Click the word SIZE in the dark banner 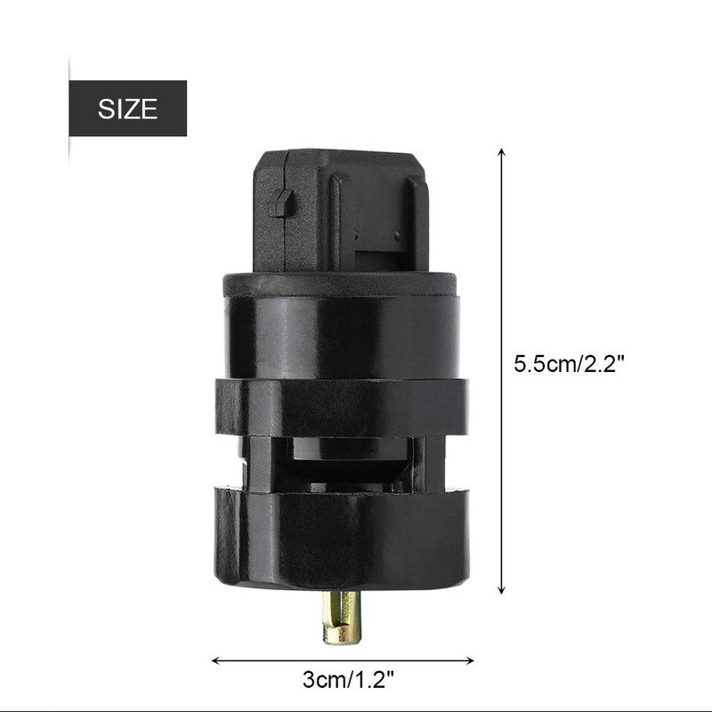pos(127,109)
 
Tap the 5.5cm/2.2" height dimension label pos(570,364)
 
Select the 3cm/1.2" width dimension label pos(348,680)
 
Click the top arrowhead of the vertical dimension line pos(501,151)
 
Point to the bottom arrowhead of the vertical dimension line pos(501,590)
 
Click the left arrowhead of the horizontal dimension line pos(216,660)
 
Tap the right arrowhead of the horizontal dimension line pos(470,660)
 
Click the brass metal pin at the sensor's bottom pos(342,617)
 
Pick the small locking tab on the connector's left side pos(280,203)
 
